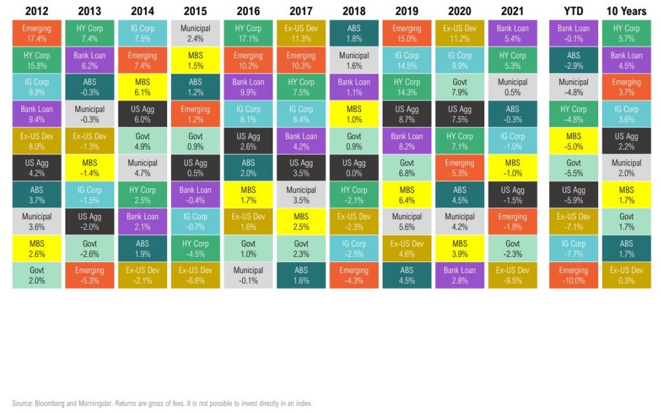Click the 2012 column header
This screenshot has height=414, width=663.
click(37, 10)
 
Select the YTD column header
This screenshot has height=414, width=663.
click(573, 10)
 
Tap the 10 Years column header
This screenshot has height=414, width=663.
click(625, 10)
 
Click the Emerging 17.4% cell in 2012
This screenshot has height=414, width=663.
click(37, 33)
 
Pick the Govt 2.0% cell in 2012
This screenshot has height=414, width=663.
click(37, 275)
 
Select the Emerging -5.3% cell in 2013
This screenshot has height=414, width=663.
click(90, 275)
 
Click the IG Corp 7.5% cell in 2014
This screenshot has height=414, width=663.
click(142, 33)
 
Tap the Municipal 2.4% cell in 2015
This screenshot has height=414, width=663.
click(196, 33)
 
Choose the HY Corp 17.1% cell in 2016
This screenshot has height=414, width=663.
click(249, 33)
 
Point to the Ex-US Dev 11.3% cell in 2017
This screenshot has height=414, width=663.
click(301, 33)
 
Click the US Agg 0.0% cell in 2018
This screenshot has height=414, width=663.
click(354, 168)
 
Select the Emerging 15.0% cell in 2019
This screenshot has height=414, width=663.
click(407, 33)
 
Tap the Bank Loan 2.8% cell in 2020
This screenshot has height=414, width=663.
click(460, 275)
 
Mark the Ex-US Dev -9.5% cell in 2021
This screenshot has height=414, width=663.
click(512, 275)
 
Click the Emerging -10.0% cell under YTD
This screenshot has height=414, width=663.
click(573, 275)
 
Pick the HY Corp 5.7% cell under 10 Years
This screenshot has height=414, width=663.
click(626, 33)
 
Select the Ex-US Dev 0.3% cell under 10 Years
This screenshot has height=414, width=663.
click(626, 275)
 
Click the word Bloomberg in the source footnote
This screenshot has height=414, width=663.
click(46, 403)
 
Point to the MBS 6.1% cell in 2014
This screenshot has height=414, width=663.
click(142, 87)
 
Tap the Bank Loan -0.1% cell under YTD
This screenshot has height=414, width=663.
click(573, 33)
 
